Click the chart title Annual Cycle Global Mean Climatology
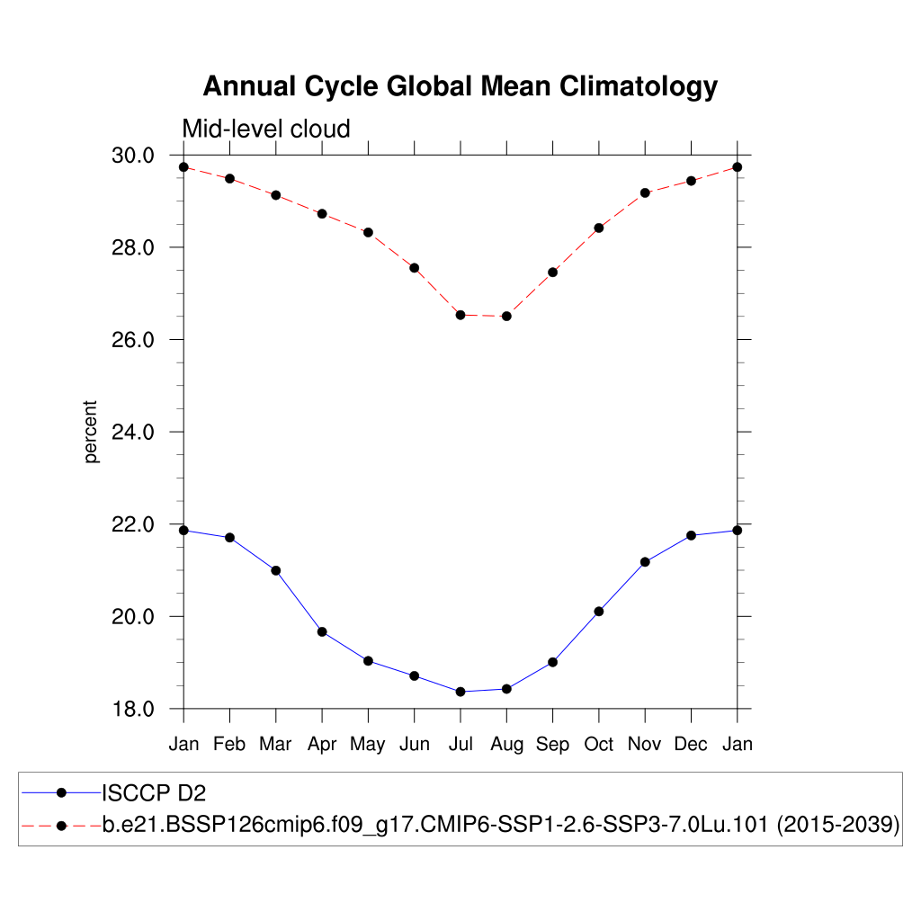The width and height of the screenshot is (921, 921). pyautogui.click(x=460, y=86)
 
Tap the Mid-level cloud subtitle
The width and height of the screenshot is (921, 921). pyautogui.click(x=266, y=130)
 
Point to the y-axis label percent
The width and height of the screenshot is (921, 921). pyautogui.click(x=91, y=432)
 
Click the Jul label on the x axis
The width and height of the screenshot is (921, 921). pyautogui.click(x=460, y=744)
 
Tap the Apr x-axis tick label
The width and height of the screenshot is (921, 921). pyautogui.click(x=322, y=744)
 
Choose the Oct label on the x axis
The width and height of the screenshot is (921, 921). pyautogui.click(x=599, y=744)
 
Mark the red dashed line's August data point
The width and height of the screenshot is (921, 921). pyautogui.click(x=506, y=316)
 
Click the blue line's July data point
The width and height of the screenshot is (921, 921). pyautogui.click(x=460, y=692)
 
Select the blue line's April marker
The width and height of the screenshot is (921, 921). pyautogui.click(x=322, y=631)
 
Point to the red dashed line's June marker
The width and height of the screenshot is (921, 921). pyautogui.click(x=415, y=268)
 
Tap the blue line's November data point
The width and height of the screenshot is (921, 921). pyautogui.click(x=645, y=562)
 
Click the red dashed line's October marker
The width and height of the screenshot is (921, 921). pyautogui.click(x=599, y=228)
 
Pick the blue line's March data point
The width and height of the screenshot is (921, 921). pyautogui.click(x=276, y=570)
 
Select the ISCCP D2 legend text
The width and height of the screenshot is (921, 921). pyautogui.click(x=154, y=792)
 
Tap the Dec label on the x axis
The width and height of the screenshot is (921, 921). pyautogui.click(x=691, y=744)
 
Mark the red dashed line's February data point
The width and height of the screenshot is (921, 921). pyautogui.click(x=230, y=178)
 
